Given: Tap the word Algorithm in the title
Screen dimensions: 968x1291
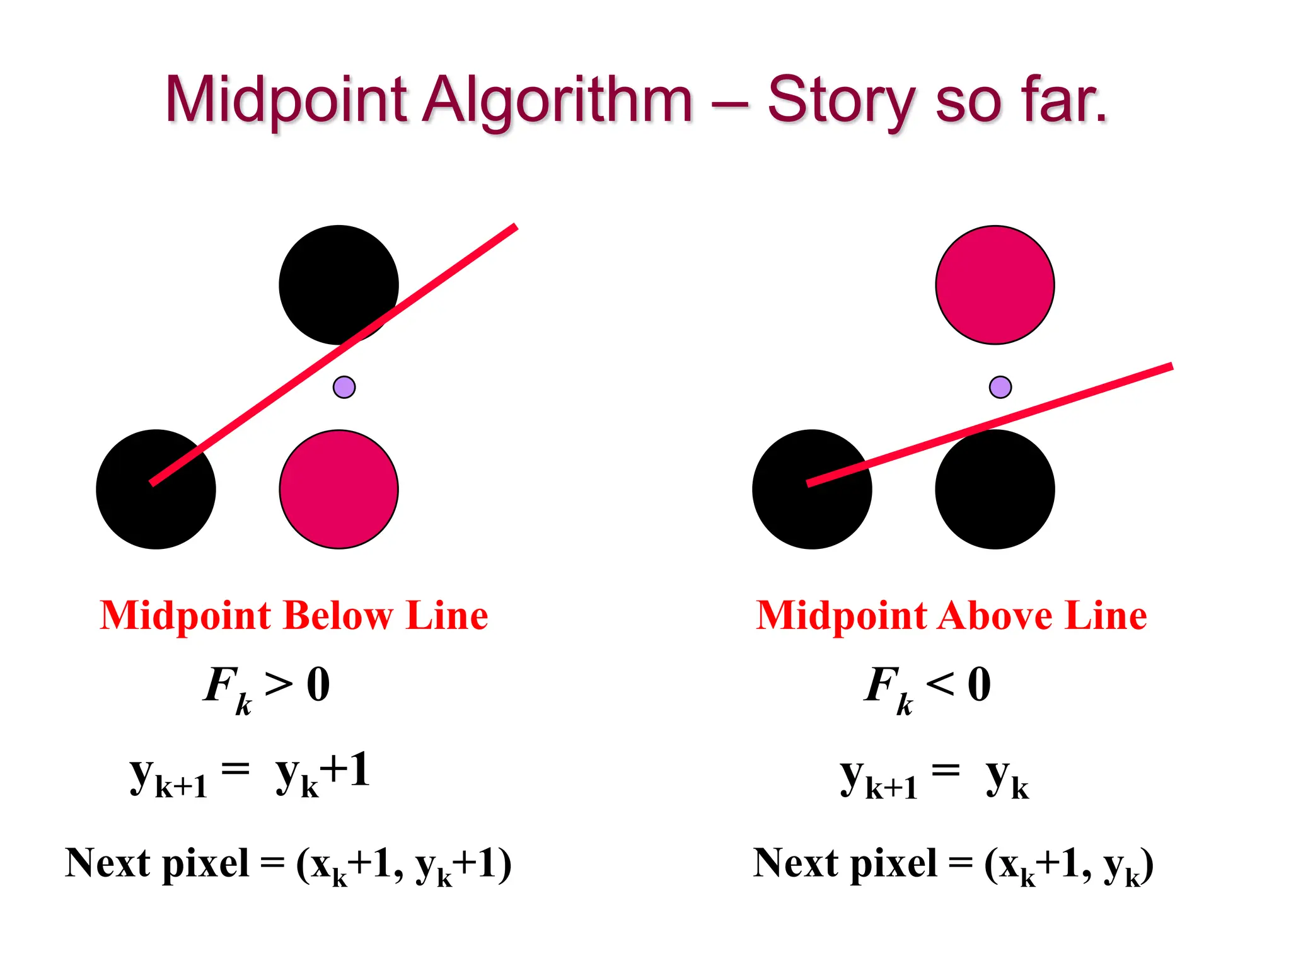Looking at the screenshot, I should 558,101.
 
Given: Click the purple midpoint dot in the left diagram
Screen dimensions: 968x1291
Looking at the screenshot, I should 344,387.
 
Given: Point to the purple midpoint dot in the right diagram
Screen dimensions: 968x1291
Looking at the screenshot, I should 1000,387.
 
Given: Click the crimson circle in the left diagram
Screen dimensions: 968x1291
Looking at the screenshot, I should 339,489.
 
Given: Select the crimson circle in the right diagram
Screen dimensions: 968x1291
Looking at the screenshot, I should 995,285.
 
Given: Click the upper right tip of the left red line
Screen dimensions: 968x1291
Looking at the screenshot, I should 515,227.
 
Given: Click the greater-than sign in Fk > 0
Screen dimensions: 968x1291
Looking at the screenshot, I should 279,684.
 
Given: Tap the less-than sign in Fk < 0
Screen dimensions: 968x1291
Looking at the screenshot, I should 940,684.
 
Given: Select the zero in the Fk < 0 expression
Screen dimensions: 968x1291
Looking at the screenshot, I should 979,684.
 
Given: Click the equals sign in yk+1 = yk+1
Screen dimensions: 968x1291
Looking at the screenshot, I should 235,769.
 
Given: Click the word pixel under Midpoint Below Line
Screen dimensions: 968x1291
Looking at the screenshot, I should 206,863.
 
